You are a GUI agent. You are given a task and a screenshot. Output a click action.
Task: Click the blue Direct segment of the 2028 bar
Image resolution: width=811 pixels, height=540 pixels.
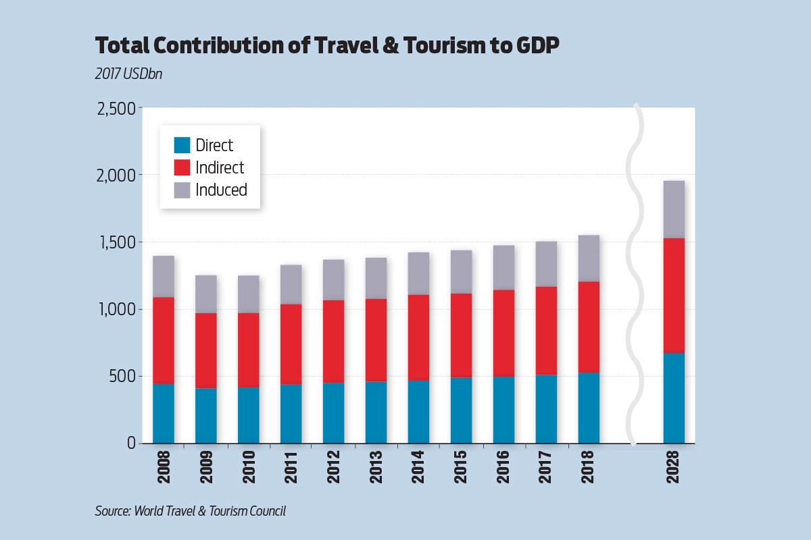pos(674,398)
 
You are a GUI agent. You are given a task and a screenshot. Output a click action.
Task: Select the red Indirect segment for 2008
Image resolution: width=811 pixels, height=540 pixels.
pos(164,340)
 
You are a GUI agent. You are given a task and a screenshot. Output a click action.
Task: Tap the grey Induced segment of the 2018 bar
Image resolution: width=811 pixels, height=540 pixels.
pos(589,258)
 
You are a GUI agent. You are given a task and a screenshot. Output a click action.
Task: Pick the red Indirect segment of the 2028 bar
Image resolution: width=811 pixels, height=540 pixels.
pos(674,295)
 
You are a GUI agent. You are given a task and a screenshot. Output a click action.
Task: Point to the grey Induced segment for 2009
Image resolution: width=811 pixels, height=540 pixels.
pos(206,294)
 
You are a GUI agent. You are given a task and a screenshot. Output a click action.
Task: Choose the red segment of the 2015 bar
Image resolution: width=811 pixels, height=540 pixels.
pos(462,335)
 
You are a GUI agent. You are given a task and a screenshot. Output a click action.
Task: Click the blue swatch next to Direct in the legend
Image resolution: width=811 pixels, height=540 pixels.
pos(182,145)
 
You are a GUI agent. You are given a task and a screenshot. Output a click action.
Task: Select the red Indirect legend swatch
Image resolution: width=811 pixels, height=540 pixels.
pos(182,167)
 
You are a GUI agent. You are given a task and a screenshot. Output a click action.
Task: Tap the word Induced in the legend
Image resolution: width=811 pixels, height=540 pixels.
pos(221,190)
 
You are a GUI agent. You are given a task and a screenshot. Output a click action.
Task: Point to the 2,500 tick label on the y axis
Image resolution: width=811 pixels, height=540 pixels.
pos(117,108)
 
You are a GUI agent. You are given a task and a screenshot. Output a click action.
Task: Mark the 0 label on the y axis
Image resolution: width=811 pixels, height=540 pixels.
pos(130,443)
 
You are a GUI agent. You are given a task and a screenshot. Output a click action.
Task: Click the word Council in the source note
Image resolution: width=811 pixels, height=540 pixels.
pos(266,511)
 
